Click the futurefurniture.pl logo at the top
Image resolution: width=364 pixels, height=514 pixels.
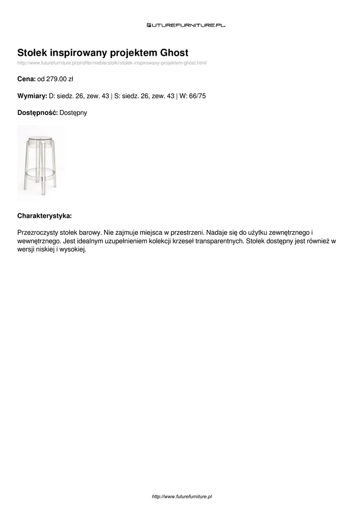(186, 25)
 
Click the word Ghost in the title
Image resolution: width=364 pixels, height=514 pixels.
(174, 53)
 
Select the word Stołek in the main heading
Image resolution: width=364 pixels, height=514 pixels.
(33, 53)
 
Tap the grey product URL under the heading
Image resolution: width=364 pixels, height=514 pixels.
(112, 63)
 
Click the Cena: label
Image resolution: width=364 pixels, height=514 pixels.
(26, 79)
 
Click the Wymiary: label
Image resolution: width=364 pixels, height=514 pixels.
(32, 95)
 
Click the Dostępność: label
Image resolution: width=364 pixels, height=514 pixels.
(38, 112)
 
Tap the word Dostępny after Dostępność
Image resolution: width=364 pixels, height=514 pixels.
(73, 112)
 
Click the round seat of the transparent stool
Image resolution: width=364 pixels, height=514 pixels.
(40, 138)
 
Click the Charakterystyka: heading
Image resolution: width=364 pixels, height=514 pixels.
(45, 216)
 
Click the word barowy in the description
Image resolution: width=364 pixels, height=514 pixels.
(90, 233)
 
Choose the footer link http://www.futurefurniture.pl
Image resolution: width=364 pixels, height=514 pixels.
(182, 496)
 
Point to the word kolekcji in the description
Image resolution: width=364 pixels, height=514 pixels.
(153, 241)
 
